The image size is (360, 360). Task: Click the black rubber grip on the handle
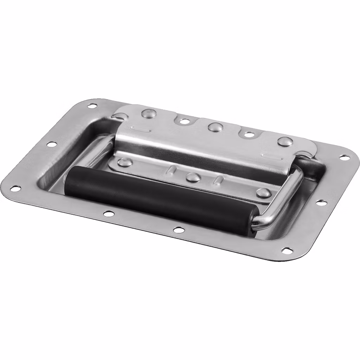coord(158,197)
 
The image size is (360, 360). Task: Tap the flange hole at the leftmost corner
coord(15,189)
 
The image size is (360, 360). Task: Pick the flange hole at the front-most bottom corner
coord(287,251)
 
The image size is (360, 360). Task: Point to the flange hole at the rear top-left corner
coord(92,105)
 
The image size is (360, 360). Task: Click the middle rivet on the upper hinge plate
coord(214,127)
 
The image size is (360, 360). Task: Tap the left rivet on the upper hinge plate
coord(147,113)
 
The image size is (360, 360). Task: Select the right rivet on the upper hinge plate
coord(285,142)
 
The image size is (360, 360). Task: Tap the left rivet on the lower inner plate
coord(124,162)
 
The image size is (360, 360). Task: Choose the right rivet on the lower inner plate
coord(263,193)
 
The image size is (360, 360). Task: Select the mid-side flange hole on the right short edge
coord(321,202)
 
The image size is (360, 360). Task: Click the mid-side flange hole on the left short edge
coord(51,144)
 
